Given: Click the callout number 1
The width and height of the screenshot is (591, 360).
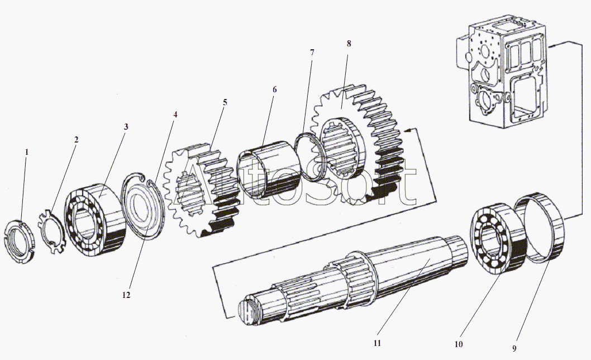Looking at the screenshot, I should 25,151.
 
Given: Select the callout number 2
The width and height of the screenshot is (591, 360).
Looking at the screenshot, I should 77,139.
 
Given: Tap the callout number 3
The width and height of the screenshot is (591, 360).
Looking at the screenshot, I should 126,127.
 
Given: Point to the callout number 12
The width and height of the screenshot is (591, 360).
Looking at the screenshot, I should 126,295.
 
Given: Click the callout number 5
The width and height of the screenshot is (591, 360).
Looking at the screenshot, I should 225,102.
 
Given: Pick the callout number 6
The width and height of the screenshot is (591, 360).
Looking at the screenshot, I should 274,89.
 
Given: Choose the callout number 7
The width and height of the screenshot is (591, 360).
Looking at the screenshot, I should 312,53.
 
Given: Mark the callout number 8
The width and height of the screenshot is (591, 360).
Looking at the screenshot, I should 349,44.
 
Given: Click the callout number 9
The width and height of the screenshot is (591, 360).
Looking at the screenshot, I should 515,348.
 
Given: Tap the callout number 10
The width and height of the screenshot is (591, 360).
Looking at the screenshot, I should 458,344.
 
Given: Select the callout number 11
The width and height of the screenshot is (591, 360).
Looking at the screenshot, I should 378,343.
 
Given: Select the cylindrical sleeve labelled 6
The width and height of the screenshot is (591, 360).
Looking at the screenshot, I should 263,172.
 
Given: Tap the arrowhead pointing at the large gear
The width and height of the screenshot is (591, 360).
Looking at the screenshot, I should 407,130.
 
